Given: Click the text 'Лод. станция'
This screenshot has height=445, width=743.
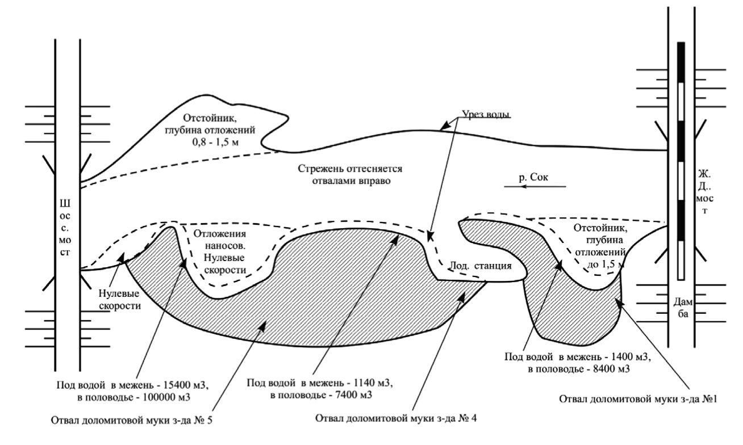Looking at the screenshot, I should tap(474, 266).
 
